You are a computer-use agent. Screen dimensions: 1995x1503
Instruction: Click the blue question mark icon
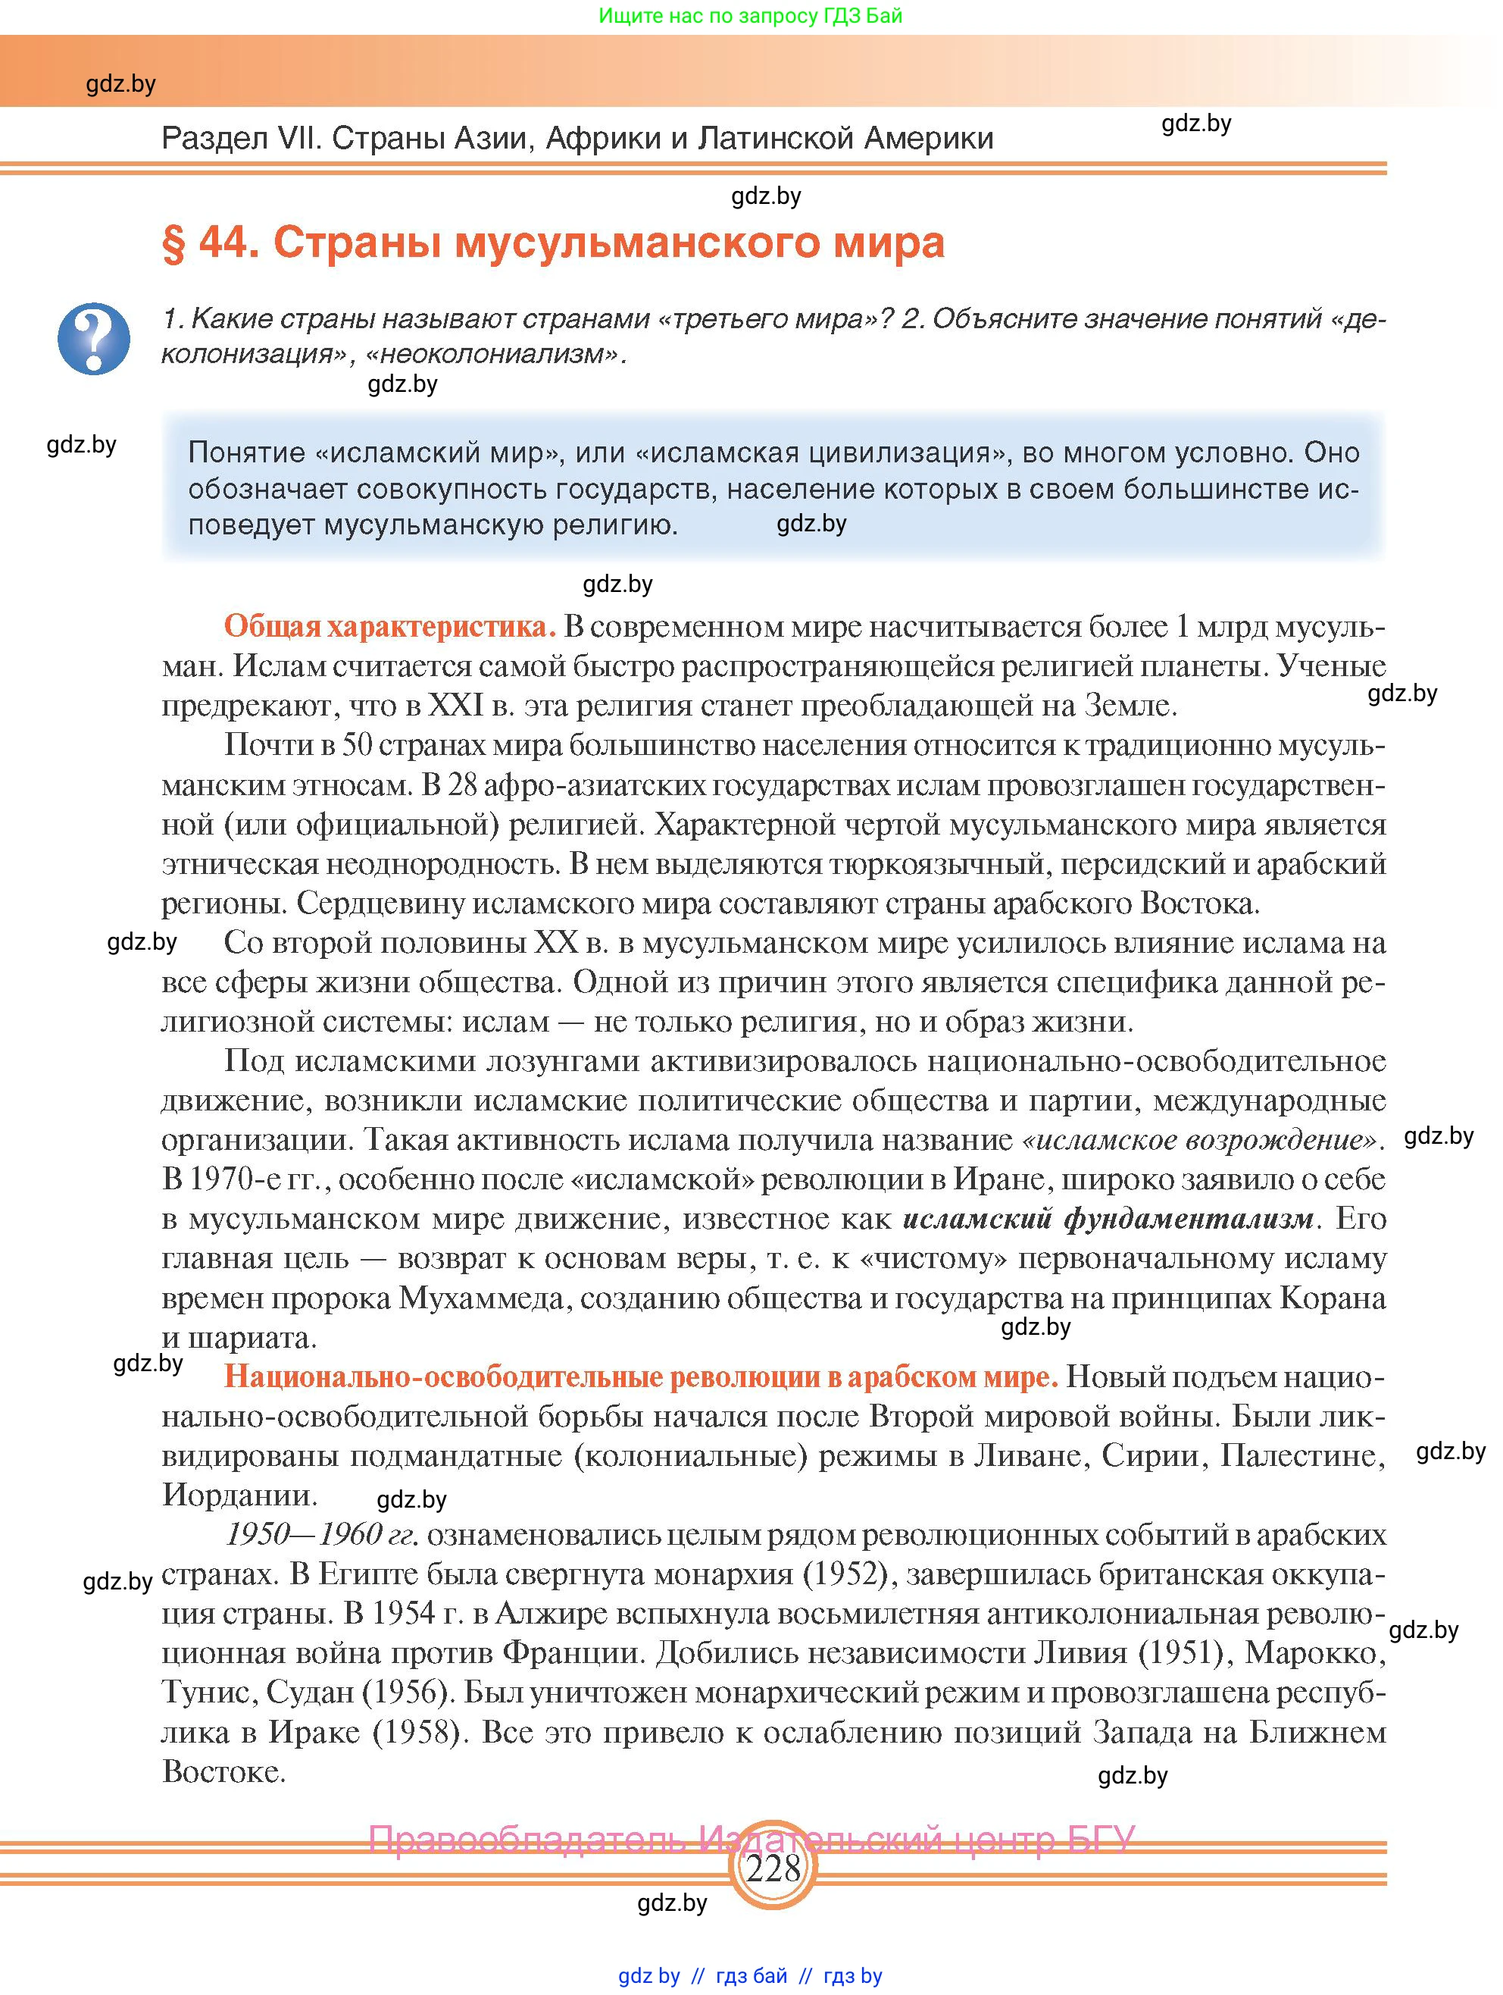tap(94, 338)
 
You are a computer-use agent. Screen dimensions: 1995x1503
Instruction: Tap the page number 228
tap(773, 1866)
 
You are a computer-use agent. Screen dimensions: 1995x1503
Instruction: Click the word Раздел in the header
tap(214, 138)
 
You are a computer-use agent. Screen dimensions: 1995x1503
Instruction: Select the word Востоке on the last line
tap(223, 1771)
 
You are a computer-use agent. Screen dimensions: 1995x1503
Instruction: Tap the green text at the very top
tap(750, 16)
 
